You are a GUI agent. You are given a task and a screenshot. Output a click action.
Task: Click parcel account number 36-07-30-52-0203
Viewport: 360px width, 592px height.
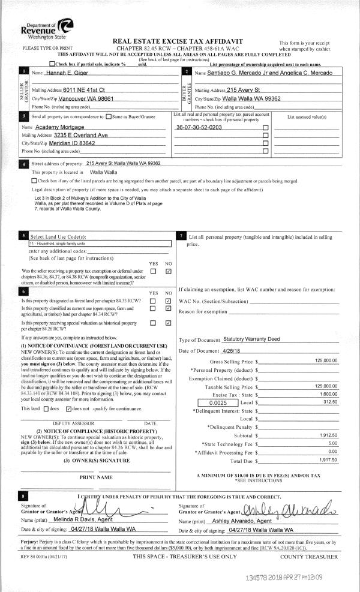199,128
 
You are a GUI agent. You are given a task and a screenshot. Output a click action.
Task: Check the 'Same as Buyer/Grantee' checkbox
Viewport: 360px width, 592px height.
109,116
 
